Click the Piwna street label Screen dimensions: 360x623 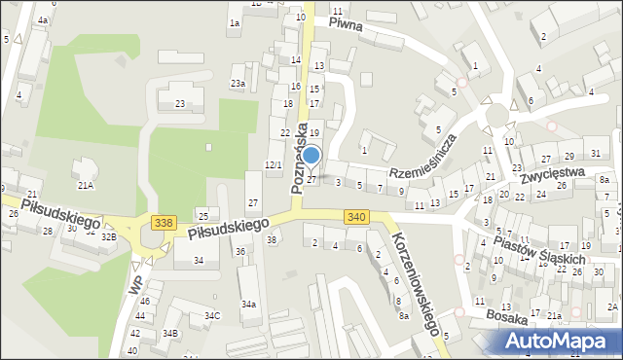coord(345,24)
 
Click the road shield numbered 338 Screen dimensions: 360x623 coord(164,223)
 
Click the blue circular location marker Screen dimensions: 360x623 coord(311,155)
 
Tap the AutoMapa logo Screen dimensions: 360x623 coord(557,341)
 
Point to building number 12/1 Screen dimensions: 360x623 coord(274,164)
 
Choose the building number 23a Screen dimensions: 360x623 coord(238,84)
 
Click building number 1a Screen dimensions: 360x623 coord(234,22)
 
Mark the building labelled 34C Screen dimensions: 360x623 coord(211,315)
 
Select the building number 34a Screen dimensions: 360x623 coord(249,305)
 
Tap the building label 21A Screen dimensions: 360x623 coord(86,184)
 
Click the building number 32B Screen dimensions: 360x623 coord(109,235)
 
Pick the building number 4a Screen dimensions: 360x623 coord(42,19)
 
